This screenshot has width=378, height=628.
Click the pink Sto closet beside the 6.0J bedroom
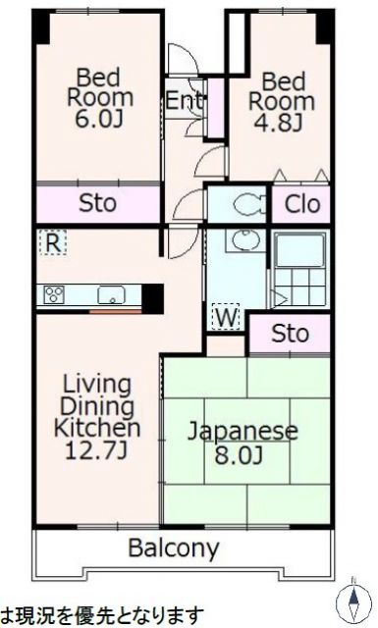pyautogui.click(x=98, y=204)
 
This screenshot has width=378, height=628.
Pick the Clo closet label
pyautogui.click(x=301, y=204)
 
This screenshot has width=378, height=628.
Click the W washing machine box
pyautogui.click(x=225, y=317)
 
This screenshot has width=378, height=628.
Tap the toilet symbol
pyautogui.click(x=242, y=204)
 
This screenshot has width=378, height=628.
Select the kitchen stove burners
pyautogui.click(x=53, y=294)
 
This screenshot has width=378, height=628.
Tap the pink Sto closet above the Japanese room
pyautogui.click(x=290, y=334)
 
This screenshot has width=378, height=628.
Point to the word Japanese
pyautogui.click(x=243, y=431)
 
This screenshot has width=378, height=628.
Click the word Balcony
pyautogui.click(x=174, y=548)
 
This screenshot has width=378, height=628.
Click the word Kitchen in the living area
pyautogui.click(x=96, y=428)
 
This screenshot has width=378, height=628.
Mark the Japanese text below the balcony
pyautogui.click(x=102, y=615)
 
